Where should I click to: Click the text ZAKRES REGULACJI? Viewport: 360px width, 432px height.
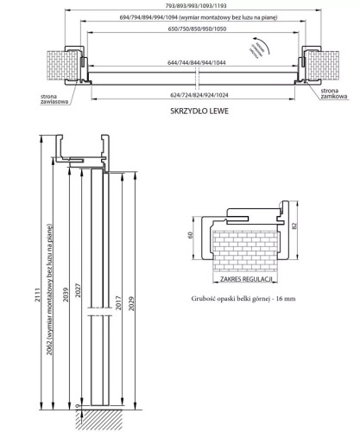click(x=248, y=280)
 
